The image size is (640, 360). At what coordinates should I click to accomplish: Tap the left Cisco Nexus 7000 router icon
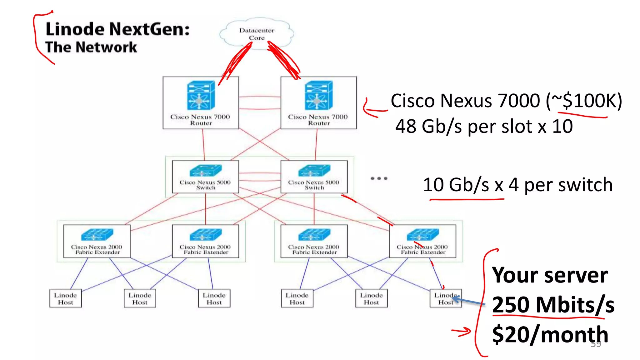[x=201, y=95]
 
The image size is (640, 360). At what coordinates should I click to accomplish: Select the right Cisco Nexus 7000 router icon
[x=318, y=95]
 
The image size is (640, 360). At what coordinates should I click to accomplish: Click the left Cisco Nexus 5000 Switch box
[x=205, y=177]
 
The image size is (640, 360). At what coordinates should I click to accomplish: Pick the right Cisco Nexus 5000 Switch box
[x=314, y=177]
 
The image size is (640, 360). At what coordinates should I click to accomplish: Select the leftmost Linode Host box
[x=65, y=298]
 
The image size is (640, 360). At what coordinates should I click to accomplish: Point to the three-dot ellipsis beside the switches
[x=379, y=178]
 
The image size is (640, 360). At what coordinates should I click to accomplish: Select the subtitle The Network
[x=91, y=47]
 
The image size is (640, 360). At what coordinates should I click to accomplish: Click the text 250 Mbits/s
[x=553, y=305]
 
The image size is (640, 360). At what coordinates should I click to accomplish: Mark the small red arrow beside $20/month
[x=462, y=332]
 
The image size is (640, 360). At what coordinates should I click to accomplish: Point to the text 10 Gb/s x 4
[x=470, y=185]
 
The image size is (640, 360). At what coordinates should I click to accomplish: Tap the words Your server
[x=550, y=275]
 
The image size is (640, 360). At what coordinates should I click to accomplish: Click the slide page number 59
[x=596, y=344]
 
